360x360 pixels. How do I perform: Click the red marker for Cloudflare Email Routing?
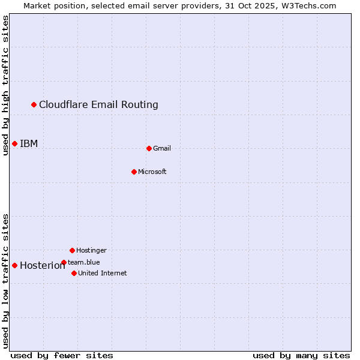tap(34, 105)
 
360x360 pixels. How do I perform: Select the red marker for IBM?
tap(14, 143)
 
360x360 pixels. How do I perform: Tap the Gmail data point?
tap(149, 148)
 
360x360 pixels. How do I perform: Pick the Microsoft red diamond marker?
tap(134, 172)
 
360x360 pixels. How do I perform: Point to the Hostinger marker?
tap(72, 250)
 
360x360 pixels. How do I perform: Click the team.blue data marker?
tap(64, 262)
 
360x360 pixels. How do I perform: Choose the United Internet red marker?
tap(74, 273)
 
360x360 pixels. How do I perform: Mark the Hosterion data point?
tap(14, 265)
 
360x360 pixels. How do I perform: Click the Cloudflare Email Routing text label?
tap(98, 105)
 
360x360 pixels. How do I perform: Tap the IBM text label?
tap(29, 143)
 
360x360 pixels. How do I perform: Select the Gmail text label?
tap(162, 148)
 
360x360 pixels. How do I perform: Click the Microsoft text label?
tap(152, 172)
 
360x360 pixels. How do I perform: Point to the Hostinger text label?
tap(91, 250)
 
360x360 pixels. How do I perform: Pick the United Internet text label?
tap(103, 273)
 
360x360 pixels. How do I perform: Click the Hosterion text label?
tap(42, 265)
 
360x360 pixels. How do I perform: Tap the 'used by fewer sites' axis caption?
tap(62, 355)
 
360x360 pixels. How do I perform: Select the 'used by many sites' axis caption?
tap(301, 355)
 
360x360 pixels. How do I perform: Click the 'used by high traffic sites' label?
tap(5, 85)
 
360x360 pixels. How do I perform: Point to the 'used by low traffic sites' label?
tap(5, 281)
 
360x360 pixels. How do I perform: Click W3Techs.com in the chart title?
tap(309, 5)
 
